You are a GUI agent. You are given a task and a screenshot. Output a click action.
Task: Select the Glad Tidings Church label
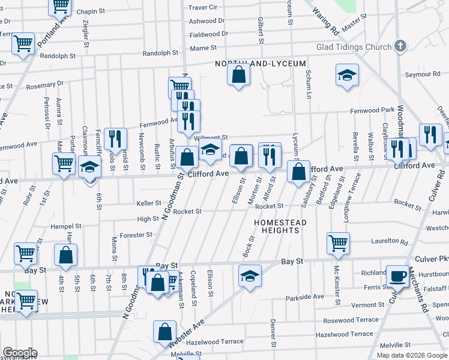click(353, 47)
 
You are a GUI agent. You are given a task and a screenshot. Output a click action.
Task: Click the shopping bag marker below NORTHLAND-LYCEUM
click(238, 75)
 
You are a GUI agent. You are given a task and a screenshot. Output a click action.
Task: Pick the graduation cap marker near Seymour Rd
click(347, 76)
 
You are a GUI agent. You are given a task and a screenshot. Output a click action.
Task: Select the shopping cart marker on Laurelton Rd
click(339, 243)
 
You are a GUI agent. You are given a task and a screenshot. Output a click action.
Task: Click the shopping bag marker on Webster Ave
click(164, 332)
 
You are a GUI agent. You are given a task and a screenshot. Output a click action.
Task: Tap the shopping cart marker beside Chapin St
click(60, 5)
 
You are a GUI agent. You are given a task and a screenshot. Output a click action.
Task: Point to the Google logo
click(20, 353)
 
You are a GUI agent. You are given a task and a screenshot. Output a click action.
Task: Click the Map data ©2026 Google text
click(411, 355)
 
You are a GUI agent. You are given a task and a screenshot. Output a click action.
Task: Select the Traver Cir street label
click(203, 7)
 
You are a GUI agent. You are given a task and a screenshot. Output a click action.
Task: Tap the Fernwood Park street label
click(373, 110)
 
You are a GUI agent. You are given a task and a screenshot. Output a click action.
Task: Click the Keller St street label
click(149, 203)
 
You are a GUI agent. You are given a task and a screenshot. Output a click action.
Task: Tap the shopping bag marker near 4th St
click(65, 255)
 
